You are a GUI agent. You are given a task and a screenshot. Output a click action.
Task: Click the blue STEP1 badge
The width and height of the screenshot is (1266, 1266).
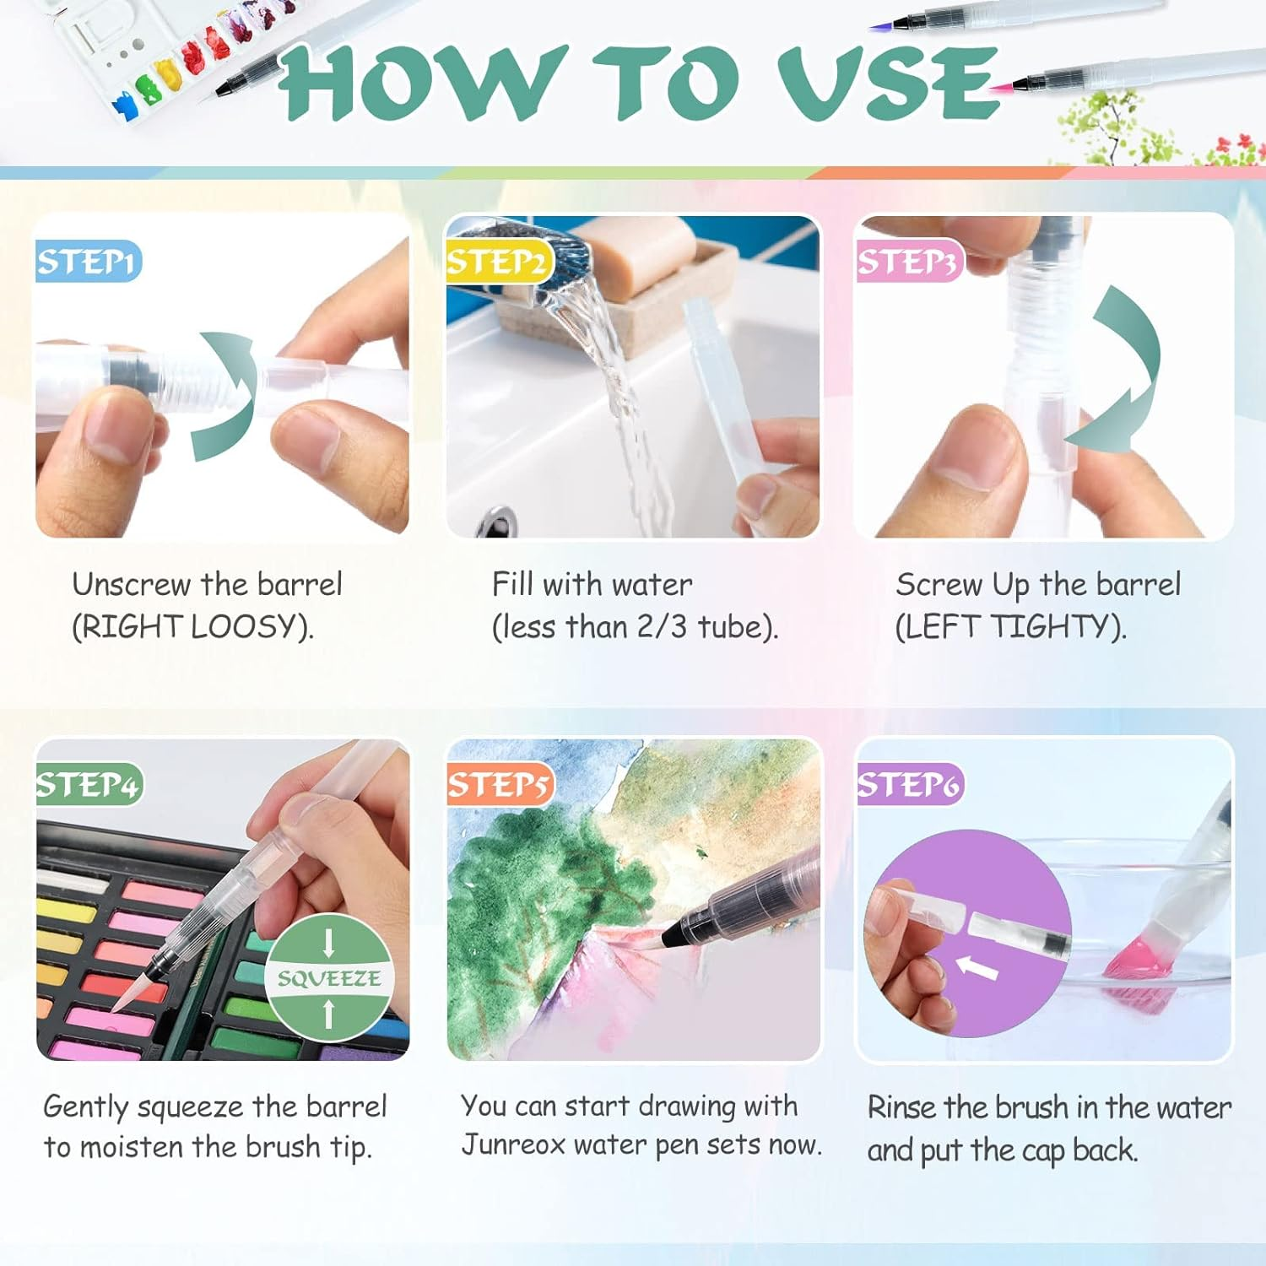click(x=88, y=262)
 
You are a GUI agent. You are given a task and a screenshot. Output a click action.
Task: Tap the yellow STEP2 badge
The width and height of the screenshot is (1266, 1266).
click(x=498, y=262)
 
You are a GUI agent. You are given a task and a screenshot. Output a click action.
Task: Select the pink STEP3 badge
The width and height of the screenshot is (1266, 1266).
click(x=908, y=262)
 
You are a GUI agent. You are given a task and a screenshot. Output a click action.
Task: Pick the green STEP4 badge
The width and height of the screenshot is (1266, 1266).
click(x=89, y=785)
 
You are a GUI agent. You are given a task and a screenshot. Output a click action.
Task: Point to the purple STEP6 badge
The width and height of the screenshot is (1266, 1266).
click(x=910, y=785)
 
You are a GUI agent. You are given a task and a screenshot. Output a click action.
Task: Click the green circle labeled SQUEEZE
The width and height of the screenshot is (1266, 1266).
click(x=329, y=977)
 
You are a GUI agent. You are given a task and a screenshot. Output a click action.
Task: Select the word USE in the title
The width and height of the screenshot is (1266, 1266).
click(x=888, y=82)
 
